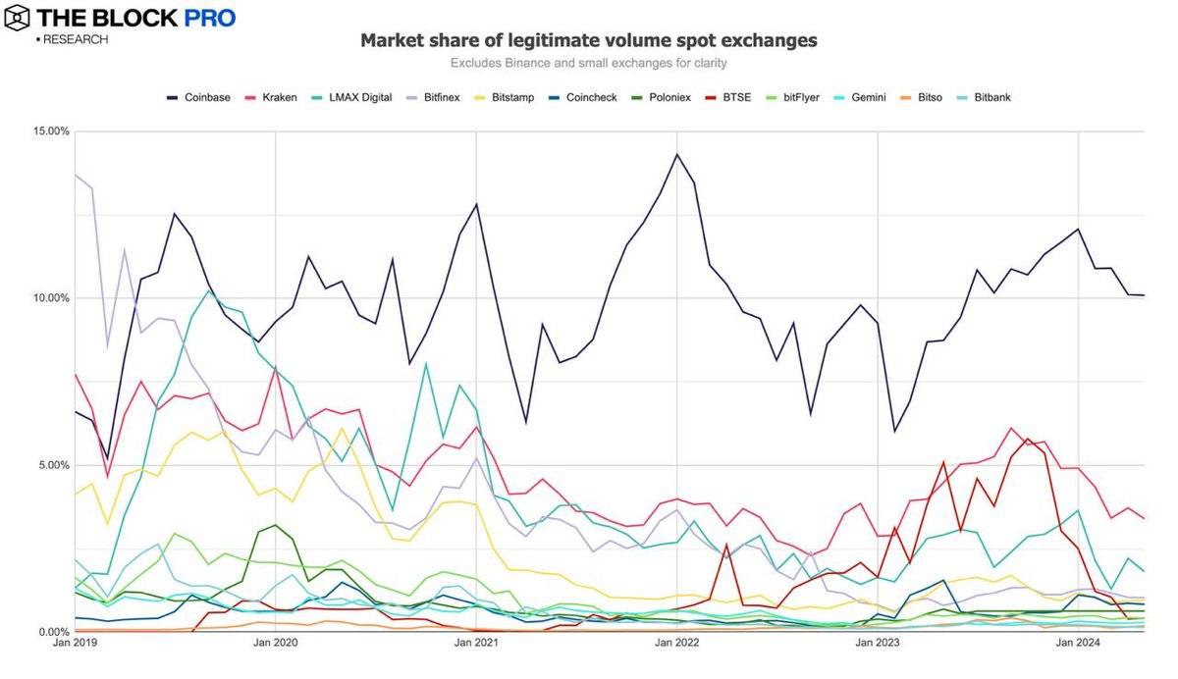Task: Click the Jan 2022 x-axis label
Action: (x=676, y=644)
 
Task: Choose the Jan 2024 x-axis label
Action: (x=1078, y=644)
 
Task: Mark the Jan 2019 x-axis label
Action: (x=75, y=644)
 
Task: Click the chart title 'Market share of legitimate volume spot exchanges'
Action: (x=588, y=40)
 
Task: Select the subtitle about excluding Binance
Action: (x=588, y=64)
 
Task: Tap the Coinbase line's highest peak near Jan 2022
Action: (x=676, y=154)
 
